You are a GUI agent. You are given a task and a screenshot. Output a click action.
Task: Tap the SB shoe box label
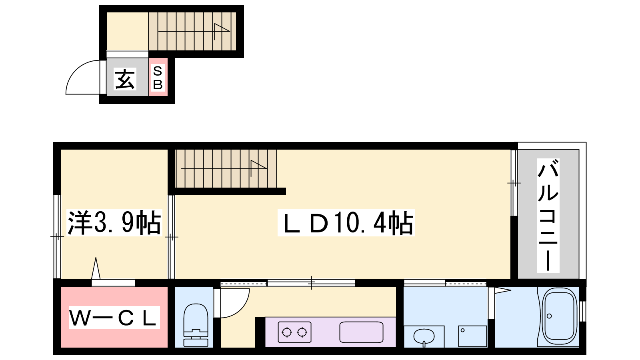158,78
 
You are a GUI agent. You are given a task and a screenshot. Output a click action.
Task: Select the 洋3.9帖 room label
114,222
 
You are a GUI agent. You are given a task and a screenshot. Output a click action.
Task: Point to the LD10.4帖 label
346,223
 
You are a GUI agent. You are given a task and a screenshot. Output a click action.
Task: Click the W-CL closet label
114,317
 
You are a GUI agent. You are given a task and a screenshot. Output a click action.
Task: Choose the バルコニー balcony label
548,216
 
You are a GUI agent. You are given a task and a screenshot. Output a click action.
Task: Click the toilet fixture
196,325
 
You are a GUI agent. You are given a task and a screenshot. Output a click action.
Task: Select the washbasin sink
424,336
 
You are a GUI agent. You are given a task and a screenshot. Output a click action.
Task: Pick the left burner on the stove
286,332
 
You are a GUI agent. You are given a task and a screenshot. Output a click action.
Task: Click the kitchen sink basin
361,332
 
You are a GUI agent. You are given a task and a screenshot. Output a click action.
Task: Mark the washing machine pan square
472,336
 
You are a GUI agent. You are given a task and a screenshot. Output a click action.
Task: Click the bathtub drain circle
549,316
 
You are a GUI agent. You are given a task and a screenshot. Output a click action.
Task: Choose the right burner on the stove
302,332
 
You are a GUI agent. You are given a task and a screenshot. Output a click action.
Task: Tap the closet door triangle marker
96,268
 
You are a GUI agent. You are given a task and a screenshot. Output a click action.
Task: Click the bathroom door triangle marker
503,290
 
